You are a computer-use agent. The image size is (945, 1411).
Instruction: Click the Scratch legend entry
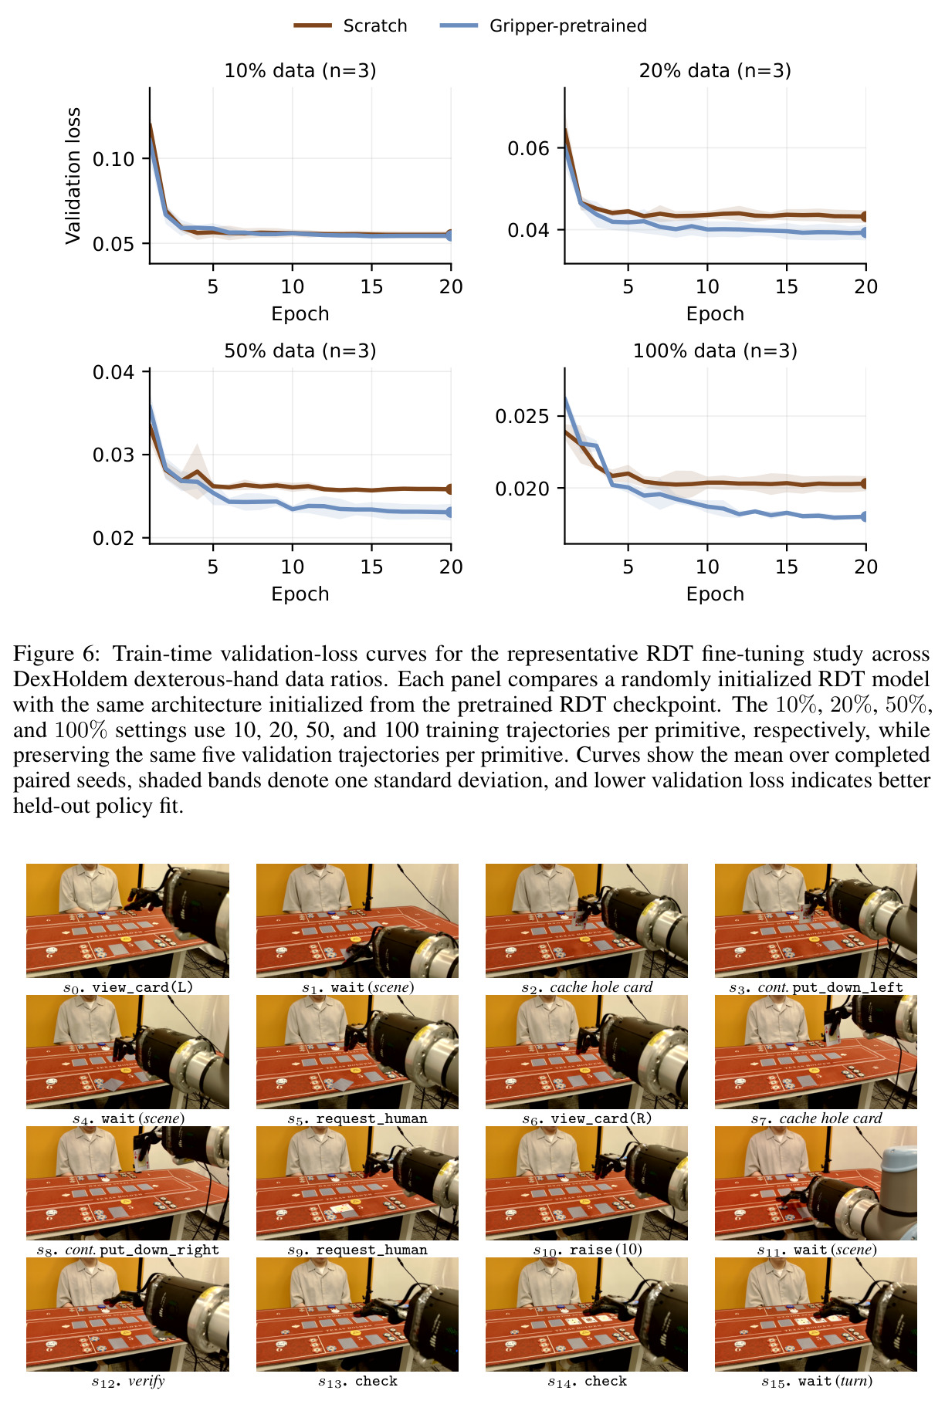point(351,25)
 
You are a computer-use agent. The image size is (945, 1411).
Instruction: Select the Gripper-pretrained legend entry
point(544,25)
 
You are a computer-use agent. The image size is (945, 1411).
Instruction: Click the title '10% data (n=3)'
point(300,71)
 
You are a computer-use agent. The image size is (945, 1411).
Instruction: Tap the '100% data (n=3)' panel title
point(715,351)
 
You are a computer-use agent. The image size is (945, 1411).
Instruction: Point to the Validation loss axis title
point(73,176)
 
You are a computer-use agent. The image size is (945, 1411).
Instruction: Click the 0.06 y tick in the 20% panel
point(528,148)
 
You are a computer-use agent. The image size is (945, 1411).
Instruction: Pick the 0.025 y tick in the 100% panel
point(523,417)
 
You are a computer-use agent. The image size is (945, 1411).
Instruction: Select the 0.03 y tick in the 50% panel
point(113,455)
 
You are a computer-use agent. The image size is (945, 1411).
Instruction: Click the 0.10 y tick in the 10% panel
point(113,159)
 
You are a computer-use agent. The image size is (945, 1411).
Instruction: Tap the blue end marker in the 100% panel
point(865,516)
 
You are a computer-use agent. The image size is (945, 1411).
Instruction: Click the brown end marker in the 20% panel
point(865,217)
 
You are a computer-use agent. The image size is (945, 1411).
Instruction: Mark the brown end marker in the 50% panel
point(450,489)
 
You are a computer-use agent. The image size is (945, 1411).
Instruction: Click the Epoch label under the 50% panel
point(300,594)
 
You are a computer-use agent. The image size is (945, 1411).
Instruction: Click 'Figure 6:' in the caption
point(56,654)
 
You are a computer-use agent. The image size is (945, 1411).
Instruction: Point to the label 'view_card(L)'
point(143,987)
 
